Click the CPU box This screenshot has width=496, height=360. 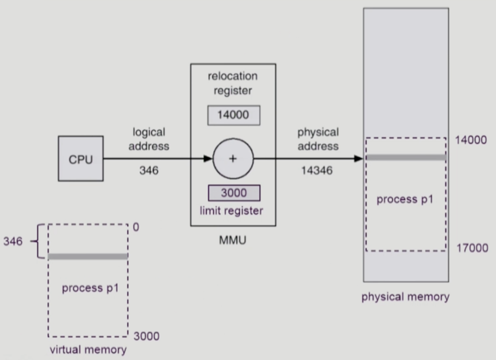(80, 159)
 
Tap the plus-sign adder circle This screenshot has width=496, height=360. (233, 159)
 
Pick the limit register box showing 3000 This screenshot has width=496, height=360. (234, 193)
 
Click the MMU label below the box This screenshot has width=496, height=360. (233, 240)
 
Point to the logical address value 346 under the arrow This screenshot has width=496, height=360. (149, 171)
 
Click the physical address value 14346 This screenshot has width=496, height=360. (318, 171)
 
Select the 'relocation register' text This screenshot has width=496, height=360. (233, 83)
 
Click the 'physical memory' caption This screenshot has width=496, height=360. (405, 297)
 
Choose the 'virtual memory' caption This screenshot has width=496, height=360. (88, 350)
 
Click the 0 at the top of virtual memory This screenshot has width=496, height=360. (136, 227)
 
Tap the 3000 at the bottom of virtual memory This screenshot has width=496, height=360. (146, 336)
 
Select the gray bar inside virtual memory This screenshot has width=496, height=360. (88, 256)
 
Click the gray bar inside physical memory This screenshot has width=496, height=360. (406, 157)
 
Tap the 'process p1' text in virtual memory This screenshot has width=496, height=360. (90, 288)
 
